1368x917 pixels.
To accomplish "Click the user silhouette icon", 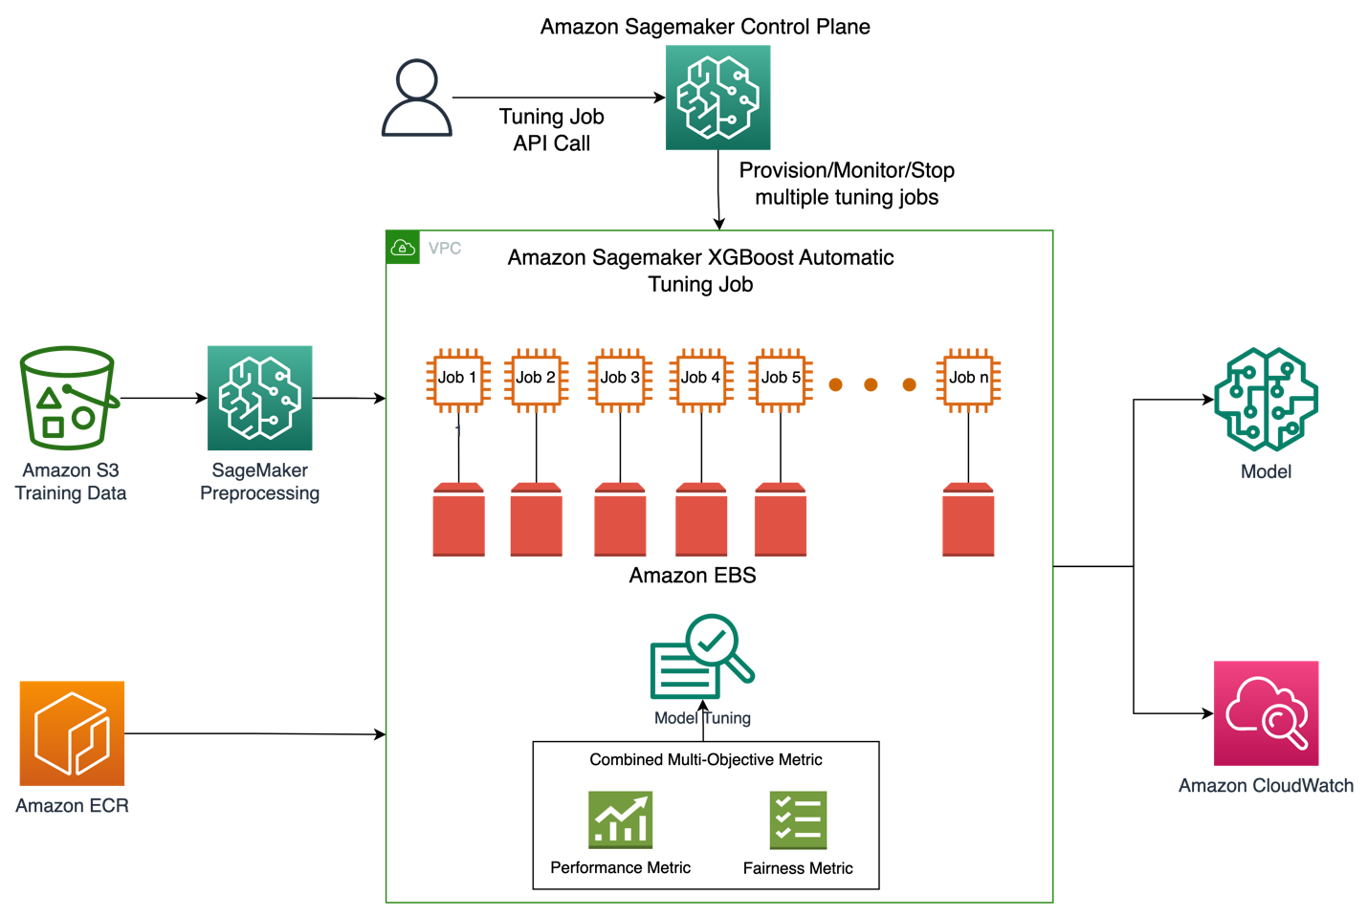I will (416, 98).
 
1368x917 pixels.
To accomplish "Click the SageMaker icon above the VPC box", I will (717, 98).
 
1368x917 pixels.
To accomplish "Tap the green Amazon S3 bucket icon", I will (68, 398).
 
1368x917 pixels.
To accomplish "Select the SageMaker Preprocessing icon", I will (259, 398).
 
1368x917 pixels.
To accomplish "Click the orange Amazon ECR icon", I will (72, 733).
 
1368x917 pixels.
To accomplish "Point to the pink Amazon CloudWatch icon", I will (1266, 713).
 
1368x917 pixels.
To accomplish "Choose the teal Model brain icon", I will (1266, 400).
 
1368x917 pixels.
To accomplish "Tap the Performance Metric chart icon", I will (620, 819).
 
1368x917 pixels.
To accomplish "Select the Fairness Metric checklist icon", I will (798, 819).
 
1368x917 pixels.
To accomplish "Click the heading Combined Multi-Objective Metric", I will (706, 759).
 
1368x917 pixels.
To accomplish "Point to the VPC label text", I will (445, 249).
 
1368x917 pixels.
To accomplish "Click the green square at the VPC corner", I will (403, 248).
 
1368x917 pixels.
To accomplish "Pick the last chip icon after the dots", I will (968, 381).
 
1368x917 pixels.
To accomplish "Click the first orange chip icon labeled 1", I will (458, 381).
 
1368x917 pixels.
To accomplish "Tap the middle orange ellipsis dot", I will (871, 384).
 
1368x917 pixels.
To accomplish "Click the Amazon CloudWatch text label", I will (1266, 786).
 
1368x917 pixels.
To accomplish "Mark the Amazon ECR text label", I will (72, 806).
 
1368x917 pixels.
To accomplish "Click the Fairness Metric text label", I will (798, 868).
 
